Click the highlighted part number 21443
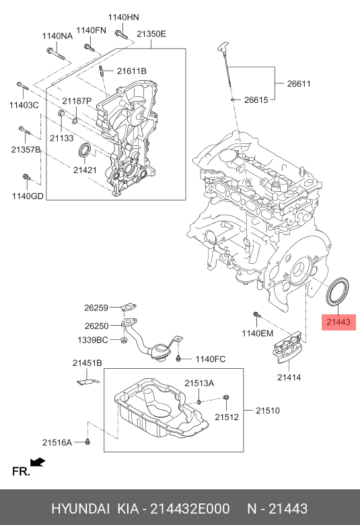[x=338, y=323]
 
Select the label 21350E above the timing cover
[x=151, y=34]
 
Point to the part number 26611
[x=299, y=84]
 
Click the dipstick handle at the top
[x=222, y=46]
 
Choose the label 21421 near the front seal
[x=85, y=170]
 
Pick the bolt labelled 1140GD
[x=26, y=179]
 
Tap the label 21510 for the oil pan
[x=267, y=410]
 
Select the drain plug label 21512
[x=227, y=417]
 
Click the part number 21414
[x=289, y=377]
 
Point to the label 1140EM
[x=258, y=333]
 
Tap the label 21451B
[x=87, y=363]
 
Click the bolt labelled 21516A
[x=88, y=441]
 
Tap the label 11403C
[x=24, y=106]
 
